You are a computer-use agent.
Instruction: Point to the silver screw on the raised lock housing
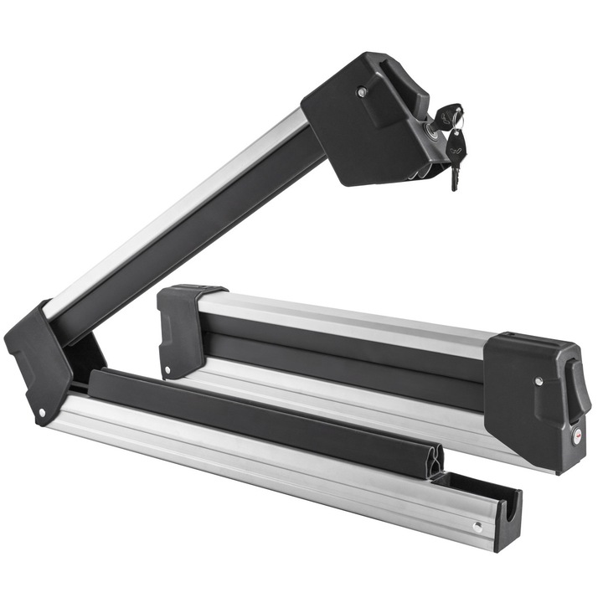pos(361,92)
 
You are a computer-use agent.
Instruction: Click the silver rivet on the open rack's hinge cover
pos(42,412)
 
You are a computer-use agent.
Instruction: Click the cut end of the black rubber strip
pos(433,461)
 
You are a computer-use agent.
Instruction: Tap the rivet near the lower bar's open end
pos(476,528)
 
